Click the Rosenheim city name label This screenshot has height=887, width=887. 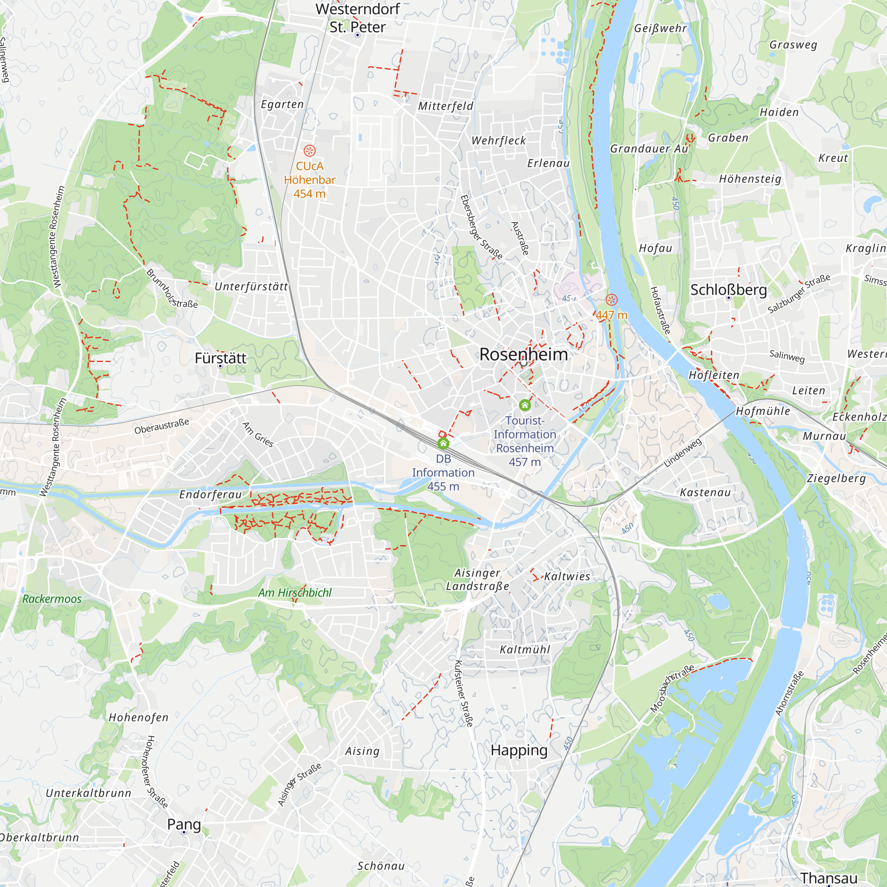coord(523,354)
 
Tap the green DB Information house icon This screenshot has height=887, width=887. coord(443,443)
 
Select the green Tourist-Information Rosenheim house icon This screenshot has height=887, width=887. coord(525,405)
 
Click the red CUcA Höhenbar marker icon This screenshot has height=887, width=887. coord(310,150)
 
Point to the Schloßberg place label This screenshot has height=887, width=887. coord(729,290)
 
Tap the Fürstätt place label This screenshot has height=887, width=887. coord(220,358)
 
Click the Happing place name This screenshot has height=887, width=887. coord(519,750)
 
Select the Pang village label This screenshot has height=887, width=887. coord(184,824)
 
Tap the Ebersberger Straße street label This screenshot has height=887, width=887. coord(481,227)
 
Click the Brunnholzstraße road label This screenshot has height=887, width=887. coord(172,289)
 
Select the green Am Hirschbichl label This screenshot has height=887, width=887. coord(295,593)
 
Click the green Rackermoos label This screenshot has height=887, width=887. coord(52,599)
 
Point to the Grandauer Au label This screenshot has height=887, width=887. coord(649,149)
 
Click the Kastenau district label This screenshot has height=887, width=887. coord(705,493)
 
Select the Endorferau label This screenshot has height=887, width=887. coord(210,495)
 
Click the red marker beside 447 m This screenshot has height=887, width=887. coord(611,300)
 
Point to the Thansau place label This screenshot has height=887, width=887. coord(829,878)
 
